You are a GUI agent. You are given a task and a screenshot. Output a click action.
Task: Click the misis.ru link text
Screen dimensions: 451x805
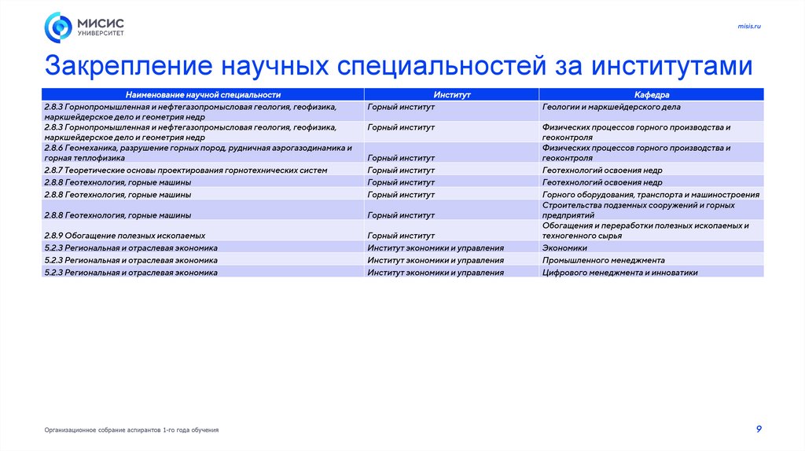click(749, 27)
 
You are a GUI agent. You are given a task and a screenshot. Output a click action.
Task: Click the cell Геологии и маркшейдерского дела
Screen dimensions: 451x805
click(611, 106)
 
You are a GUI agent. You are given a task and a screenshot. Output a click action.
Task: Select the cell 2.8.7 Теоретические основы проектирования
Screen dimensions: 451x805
click(185, 170)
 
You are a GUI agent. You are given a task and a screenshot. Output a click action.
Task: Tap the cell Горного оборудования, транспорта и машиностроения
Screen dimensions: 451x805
click(650, 194)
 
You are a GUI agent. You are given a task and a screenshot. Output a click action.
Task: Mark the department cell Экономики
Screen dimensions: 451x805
click(564, 247)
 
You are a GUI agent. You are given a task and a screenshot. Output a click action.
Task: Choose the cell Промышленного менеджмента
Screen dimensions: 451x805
click(603, 260)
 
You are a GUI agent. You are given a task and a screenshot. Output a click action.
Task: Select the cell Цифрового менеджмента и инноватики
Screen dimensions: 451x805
click(619, 273)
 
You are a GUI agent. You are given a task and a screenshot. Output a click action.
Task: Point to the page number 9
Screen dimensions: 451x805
click(758, 428)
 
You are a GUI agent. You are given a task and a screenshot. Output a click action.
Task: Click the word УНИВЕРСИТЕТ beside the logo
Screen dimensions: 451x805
click(100, 33)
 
